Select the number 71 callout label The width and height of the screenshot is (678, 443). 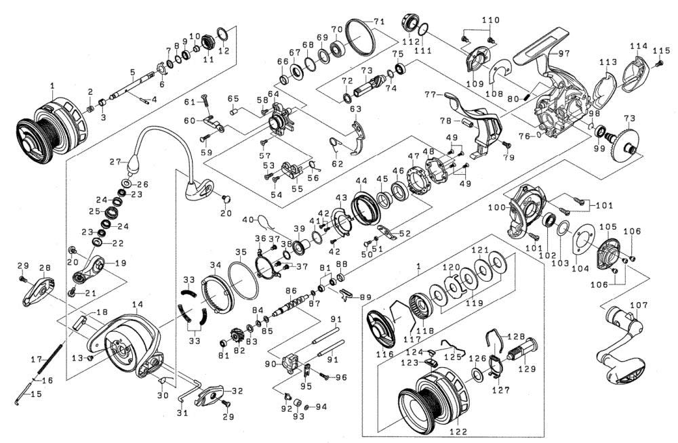tap(378, 20)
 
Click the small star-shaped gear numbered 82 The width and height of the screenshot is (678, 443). tap(237, 335)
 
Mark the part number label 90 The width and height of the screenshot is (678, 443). tap(271, 364)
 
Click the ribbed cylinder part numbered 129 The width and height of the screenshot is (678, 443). tap(525, 353)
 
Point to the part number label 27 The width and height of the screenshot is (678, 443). tap(115, 162)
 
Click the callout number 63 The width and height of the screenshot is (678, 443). tap(355, 108)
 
